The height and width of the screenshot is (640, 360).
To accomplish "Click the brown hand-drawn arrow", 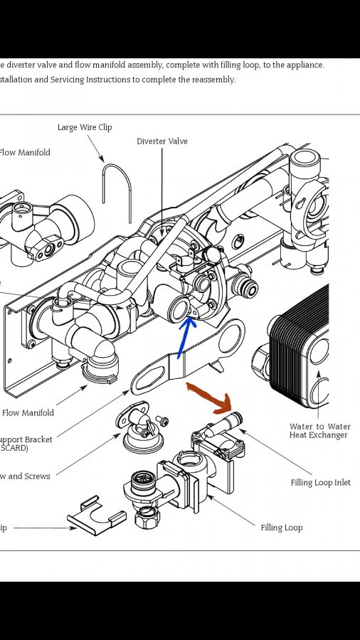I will click(x=211, y=398).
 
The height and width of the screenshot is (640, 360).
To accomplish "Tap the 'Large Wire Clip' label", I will click(x=85, y=127).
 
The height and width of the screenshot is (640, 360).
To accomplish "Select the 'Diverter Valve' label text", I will click(x=162, y=142).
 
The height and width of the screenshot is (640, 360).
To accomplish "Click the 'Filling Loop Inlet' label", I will click(x=320, y=483).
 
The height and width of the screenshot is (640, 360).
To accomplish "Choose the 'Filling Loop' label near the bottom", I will click(x=281, y=528).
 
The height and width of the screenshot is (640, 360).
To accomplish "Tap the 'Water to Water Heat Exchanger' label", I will click(x=319, y=431).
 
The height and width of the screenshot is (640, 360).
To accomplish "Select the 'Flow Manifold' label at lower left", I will click(x=28, y=413).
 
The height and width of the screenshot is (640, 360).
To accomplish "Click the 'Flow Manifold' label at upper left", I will click(x=25, y=153).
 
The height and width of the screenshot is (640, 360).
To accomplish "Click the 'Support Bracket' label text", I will click(x=27, y=439).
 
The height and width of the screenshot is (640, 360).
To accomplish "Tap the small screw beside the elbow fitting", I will click(x=162, y=422).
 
